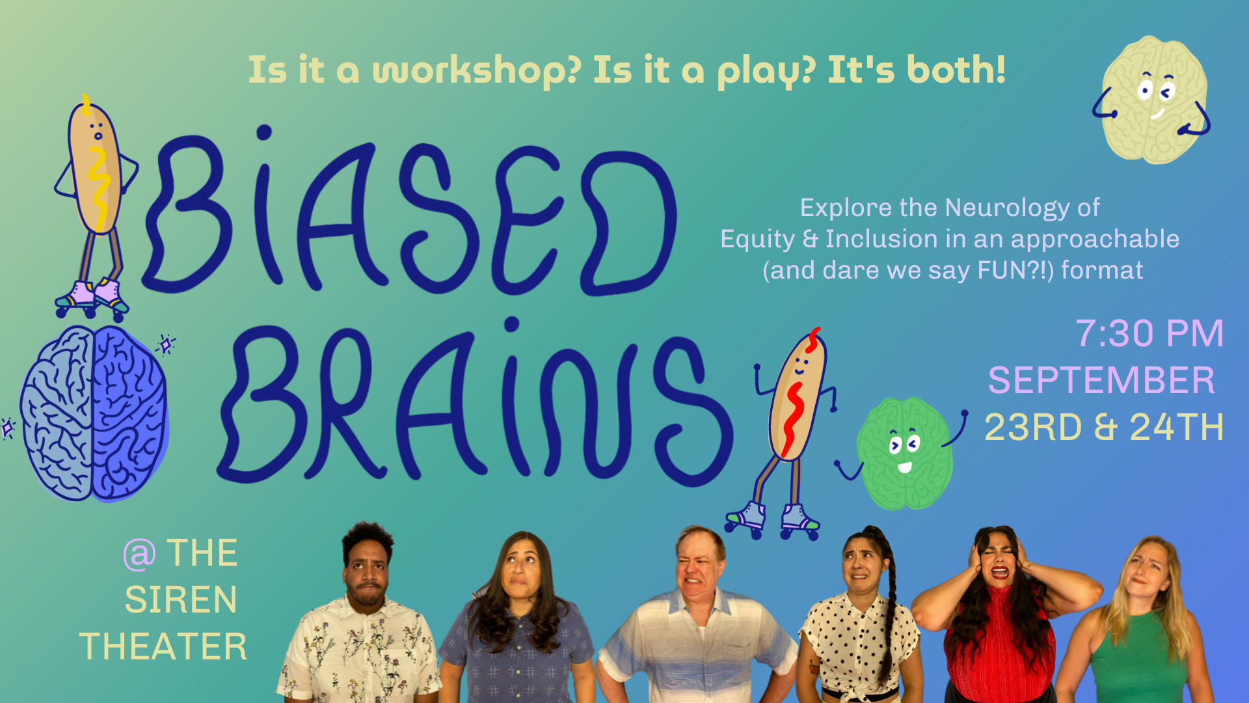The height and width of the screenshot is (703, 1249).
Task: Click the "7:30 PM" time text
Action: (1149, 333)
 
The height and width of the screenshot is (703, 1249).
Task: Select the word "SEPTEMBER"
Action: (1101, 380)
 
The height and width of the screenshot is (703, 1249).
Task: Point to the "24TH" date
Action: (1177, 427)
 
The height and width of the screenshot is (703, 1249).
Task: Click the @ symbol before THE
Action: (139, 554)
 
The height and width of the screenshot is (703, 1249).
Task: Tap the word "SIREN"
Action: (181, 600)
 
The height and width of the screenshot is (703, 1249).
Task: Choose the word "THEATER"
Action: (163, 646)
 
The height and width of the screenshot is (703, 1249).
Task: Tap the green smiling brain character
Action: (904, 453)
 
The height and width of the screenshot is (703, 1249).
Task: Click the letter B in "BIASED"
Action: (189, 215)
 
